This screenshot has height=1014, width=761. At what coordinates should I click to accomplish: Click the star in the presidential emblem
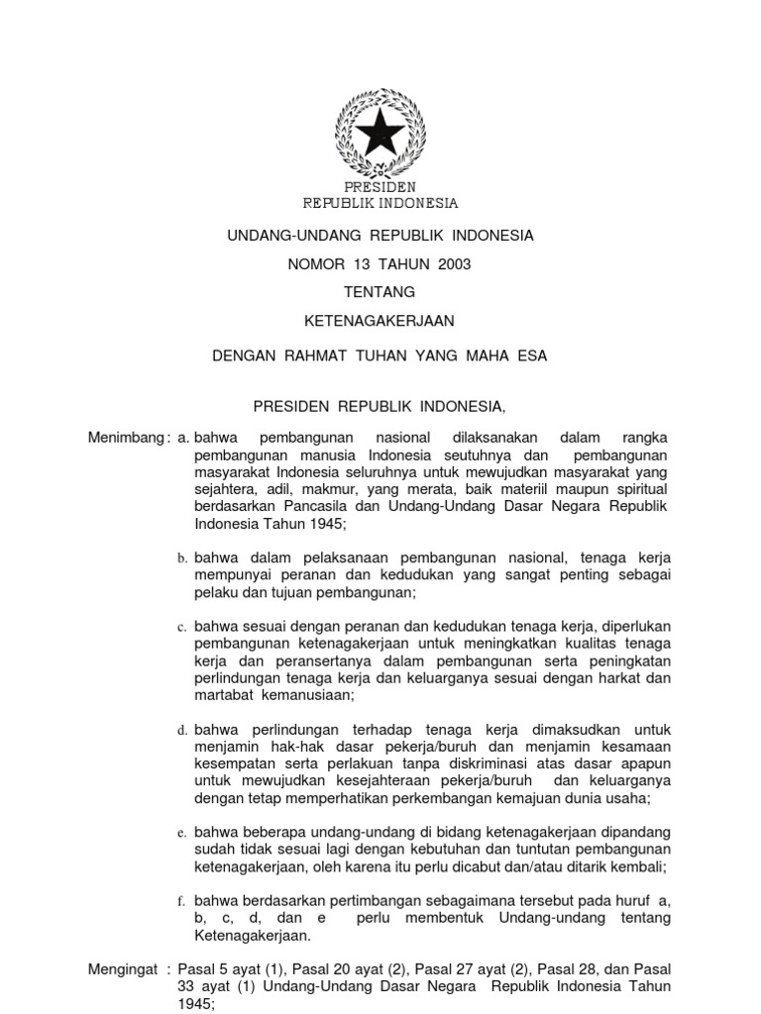click(380, 132)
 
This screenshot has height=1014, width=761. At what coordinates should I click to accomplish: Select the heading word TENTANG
click(380, 292)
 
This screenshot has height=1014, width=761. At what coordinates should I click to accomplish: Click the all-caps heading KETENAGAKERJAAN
click(380, 321)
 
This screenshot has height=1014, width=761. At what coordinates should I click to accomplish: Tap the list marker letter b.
click(182, 559)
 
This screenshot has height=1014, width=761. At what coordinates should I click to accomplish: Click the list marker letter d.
click(182, 730)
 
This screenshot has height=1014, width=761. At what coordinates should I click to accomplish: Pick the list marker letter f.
click(182, 901)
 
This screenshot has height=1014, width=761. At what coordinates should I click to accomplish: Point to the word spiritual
click(639, 489)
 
